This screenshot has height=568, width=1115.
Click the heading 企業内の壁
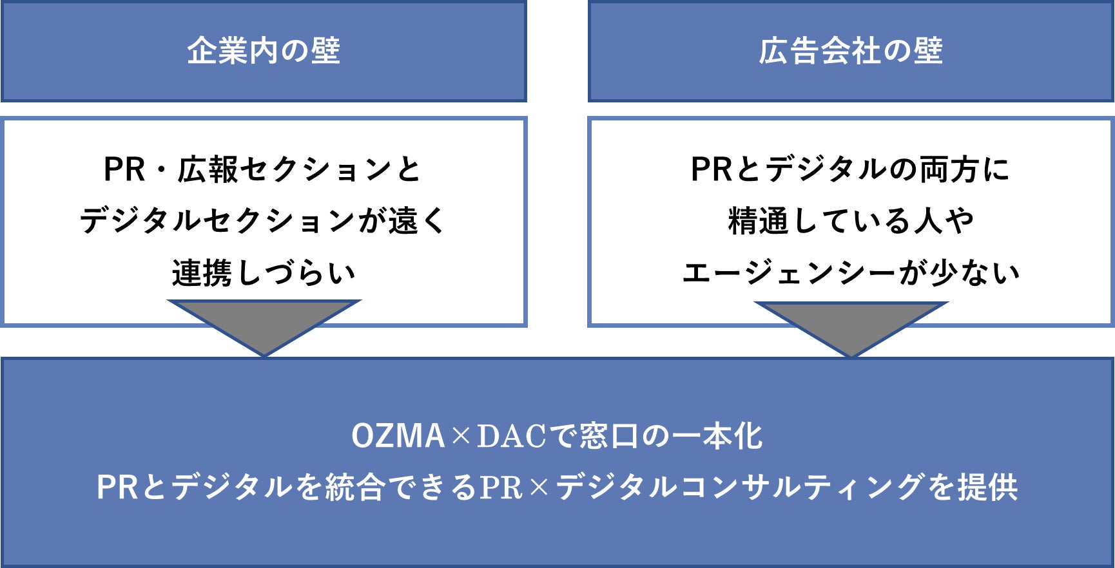pyautogui.click(x=264, y=51)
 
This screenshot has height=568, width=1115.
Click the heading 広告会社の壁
pyautogui.click(x=851, y=51)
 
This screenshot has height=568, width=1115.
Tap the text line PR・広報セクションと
pyautogui.click(x=262, y=169)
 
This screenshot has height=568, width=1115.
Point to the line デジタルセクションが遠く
pyautogui.click(x=262, y=221)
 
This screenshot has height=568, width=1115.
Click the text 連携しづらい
pyautogui.click(x=264, y=272)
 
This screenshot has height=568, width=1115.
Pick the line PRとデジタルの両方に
pyautogui.click(x=850, y=169)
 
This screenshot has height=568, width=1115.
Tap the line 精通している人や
pyautogui.click(x=851, y=221)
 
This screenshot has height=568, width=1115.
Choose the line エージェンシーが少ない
pyautogui.click(x=851, y=272)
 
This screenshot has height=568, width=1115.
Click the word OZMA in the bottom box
pyautogui.click(x=398, y=436)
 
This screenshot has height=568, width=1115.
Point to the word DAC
pyautogui.click(x=511, y=436)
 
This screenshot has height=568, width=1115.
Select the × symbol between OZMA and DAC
pyautogui.click(x=461, y=437)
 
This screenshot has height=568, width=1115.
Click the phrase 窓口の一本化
pyautogui.click(x=670, y=436)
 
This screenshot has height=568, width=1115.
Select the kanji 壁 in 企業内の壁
pyautogui.click(x=325, y=51)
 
